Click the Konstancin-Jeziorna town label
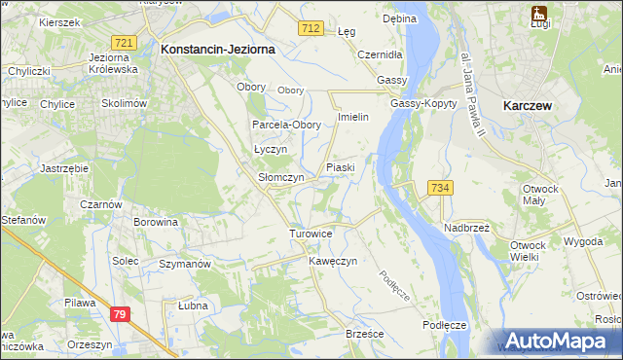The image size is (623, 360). pos(219,48)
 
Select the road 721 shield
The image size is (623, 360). pos(123,44)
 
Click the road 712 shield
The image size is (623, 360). pos(311,30)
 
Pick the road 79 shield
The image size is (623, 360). pos(120,314)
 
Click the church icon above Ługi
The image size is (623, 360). pos(538,14)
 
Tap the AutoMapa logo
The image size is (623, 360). pos(558,341)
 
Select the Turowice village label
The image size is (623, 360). pos(311,234)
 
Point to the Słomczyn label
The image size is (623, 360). pos(280,178)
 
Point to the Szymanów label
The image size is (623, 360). pos(185,264)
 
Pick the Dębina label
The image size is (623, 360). pos(399,18)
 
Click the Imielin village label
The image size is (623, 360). pos(352,117)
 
